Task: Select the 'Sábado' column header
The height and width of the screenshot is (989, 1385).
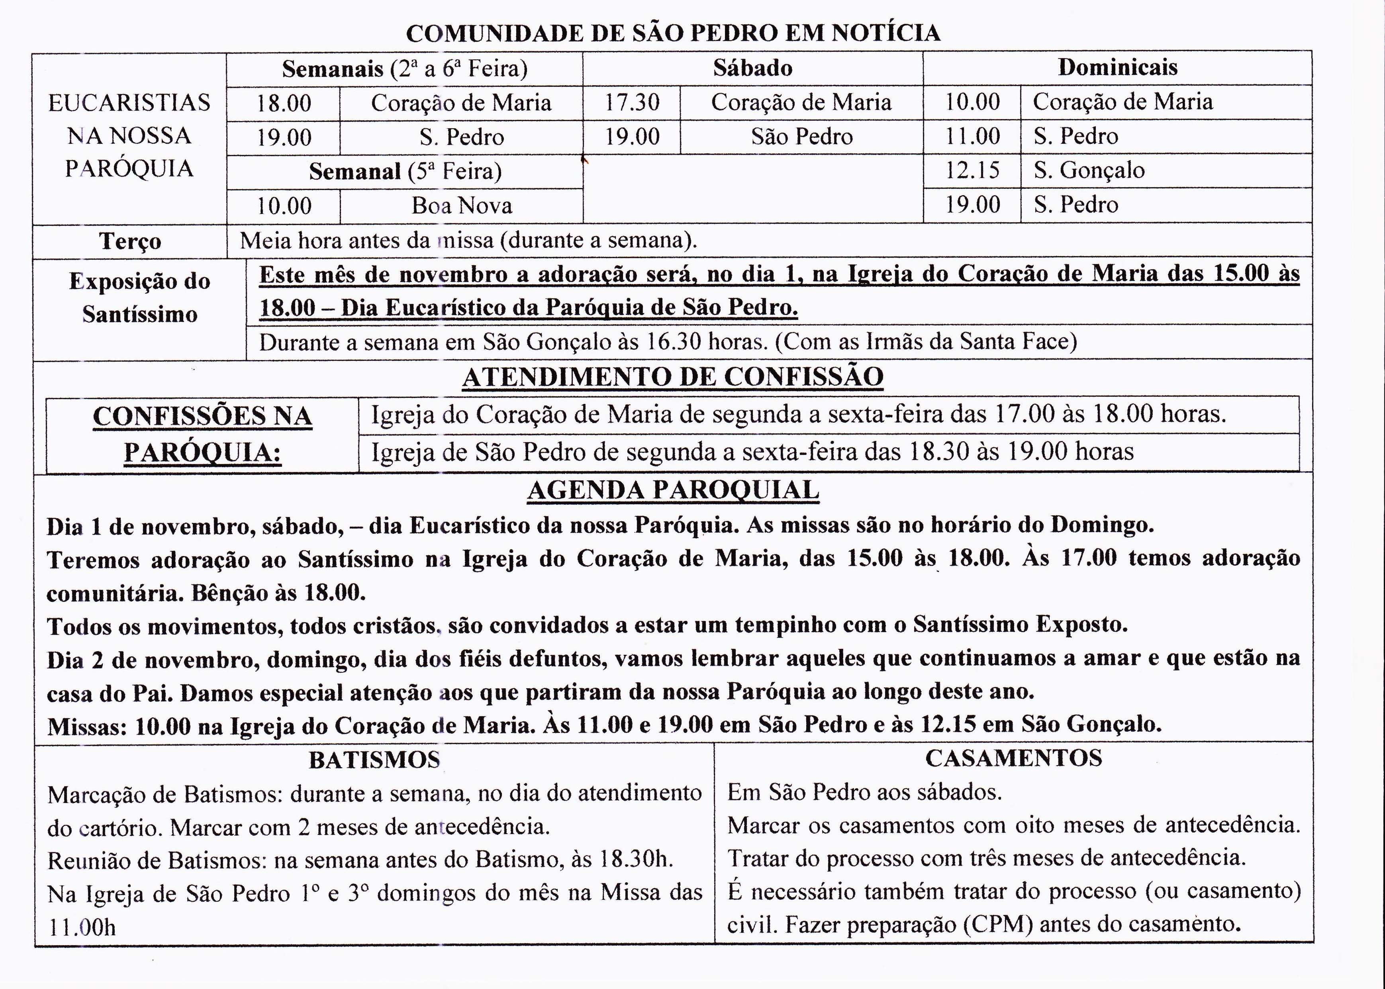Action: (753, 68)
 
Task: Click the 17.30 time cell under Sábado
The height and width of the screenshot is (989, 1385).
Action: (632, 102)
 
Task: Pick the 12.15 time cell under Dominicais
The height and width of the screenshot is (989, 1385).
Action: (972, 170)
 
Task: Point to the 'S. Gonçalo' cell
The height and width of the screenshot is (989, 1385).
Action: (1089, 170)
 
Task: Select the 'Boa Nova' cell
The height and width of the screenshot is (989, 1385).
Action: (462, 205)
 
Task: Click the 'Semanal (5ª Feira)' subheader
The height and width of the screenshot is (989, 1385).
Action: (405, 171)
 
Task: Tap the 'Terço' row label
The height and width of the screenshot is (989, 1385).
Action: (130, 241)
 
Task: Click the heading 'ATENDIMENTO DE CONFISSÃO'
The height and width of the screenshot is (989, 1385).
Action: (673, 377)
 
